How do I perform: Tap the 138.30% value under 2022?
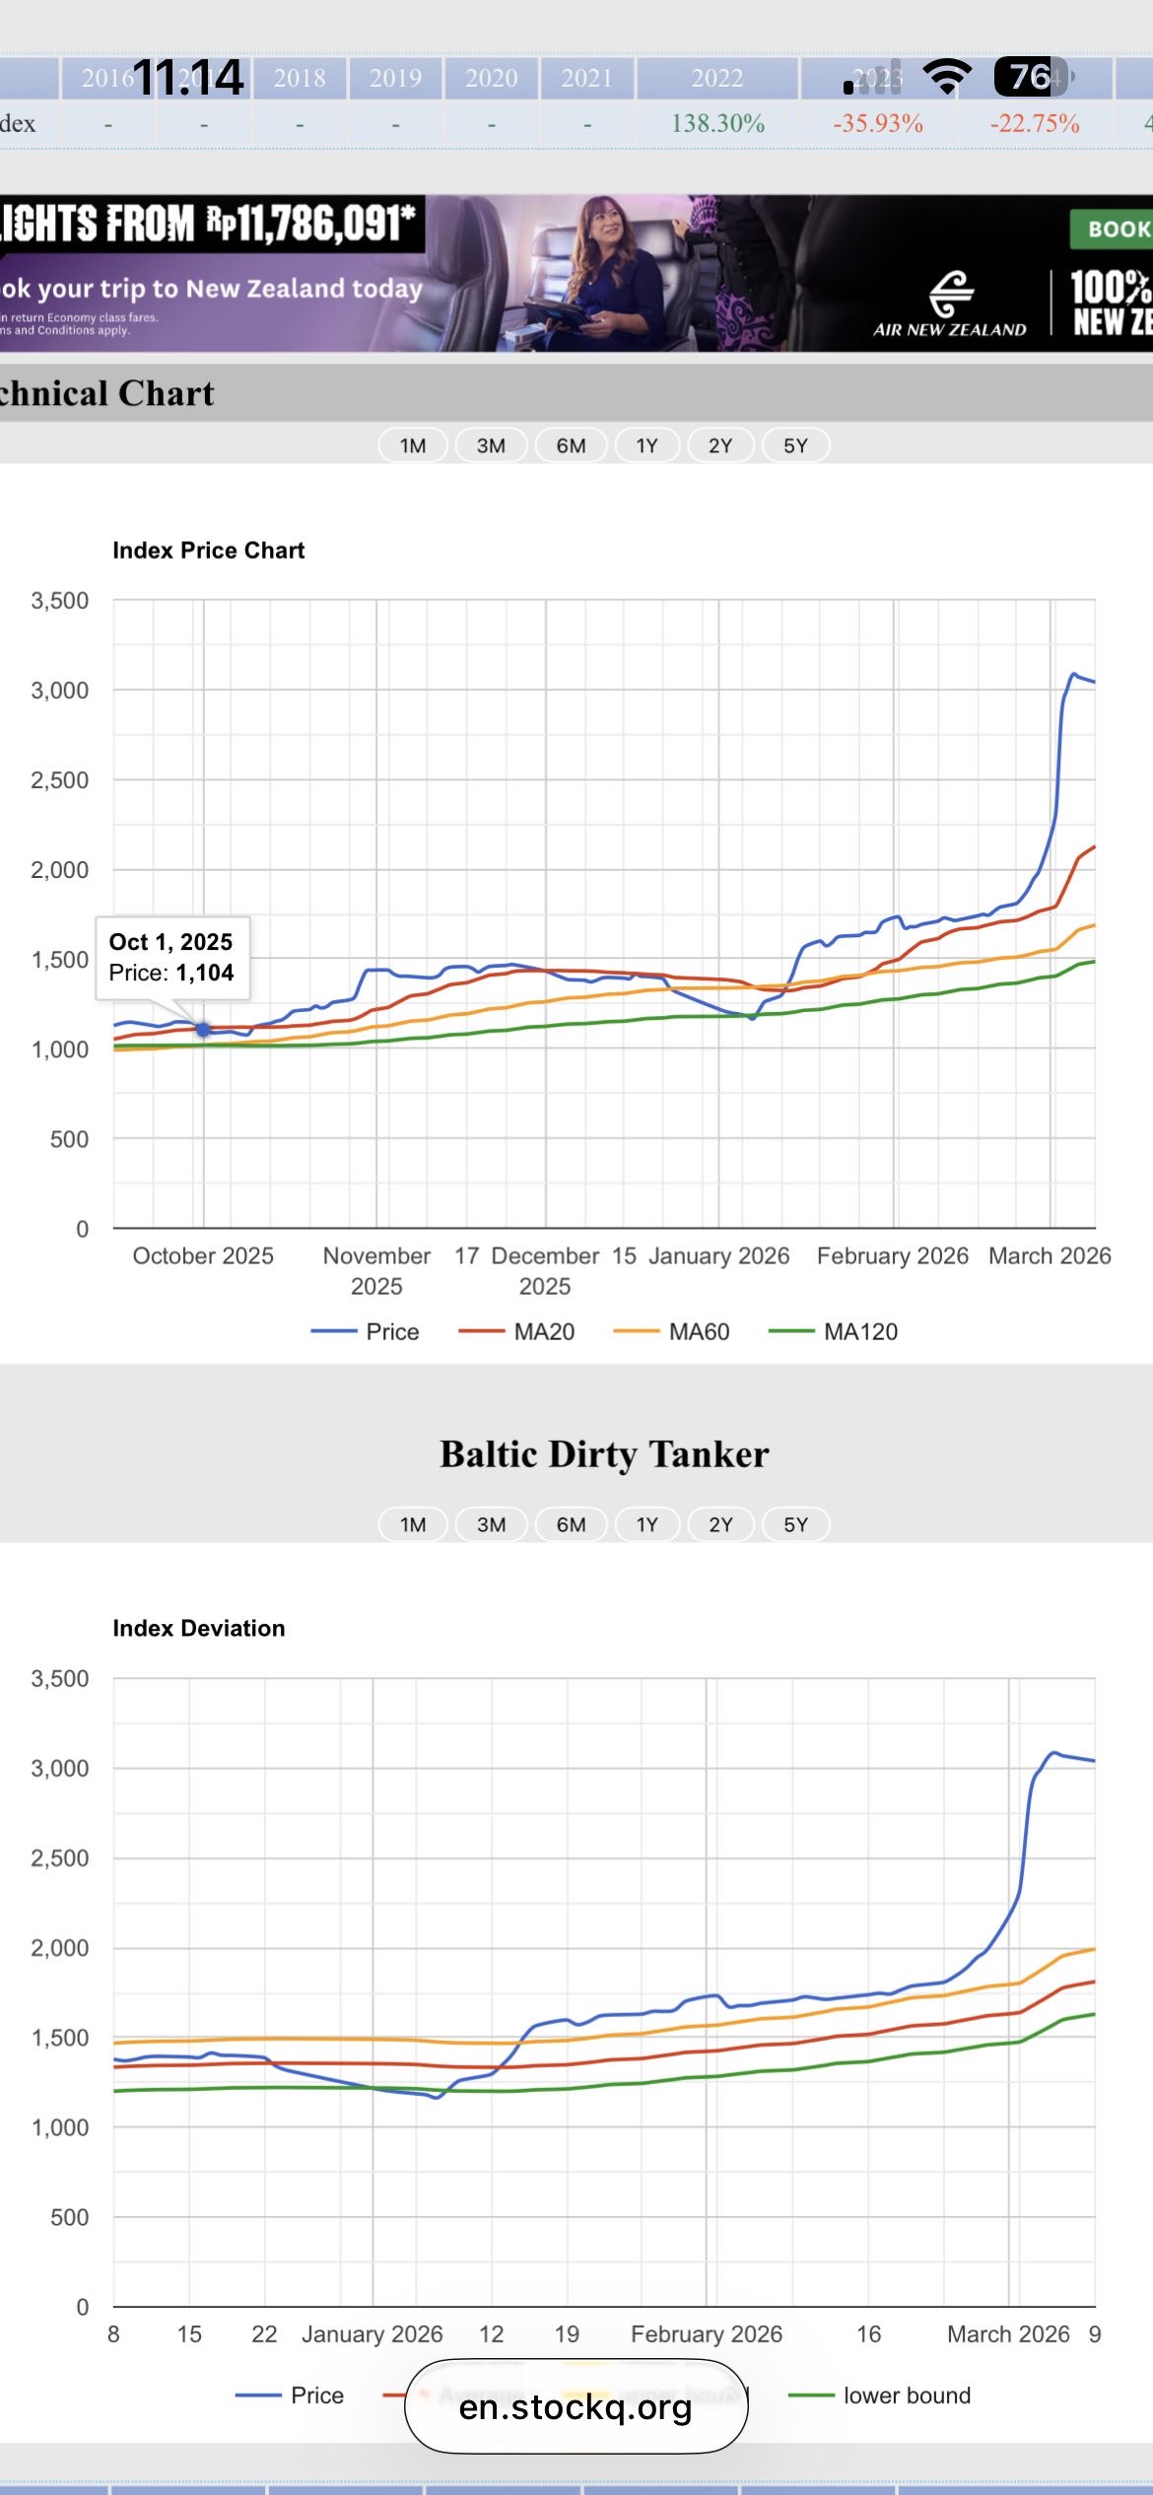[x=717, y=124]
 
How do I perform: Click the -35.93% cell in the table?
[x=877, y=124]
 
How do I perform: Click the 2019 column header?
[x=395, y=78]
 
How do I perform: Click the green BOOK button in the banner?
[x=1114, y=229]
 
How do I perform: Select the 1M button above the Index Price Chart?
[x=413, y=445]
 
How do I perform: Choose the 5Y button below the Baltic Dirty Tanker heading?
[x=795, y=1524]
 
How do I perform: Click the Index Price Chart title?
[x=209, y=550]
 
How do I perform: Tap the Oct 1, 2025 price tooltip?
[x=171, y=957]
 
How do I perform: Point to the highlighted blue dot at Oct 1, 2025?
[x=203, y=1029]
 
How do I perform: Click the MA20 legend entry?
[x=518, y=1332]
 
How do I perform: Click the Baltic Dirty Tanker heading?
[x=604, y=1454]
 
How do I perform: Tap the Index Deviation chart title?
[x=199, y=1628]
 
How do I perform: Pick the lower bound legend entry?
[x=880, y=2395]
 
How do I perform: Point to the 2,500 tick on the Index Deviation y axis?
[x=60, y=1858]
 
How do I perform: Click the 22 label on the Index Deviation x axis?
[x=264, y=2334]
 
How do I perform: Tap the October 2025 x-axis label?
[x=203, y=1255]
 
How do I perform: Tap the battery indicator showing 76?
[x=1031, y=76]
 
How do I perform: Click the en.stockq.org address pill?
[x=576, y=2407]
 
